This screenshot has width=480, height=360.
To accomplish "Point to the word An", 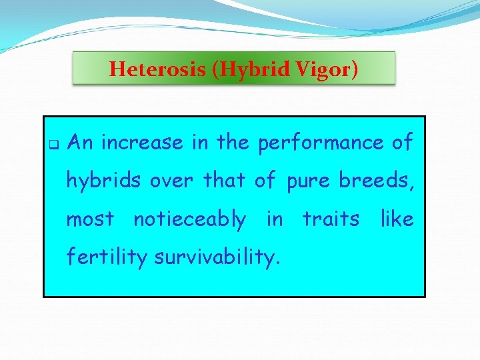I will tap(81, 143).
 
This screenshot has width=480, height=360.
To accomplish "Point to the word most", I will tap(90, 219).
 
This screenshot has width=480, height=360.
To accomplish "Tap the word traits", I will tap(331, 219).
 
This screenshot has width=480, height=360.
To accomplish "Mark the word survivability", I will tap(217, 258).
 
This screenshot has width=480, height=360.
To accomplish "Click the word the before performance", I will tap(233, 143).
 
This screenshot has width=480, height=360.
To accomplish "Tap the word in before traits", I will tap(274, 219).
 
